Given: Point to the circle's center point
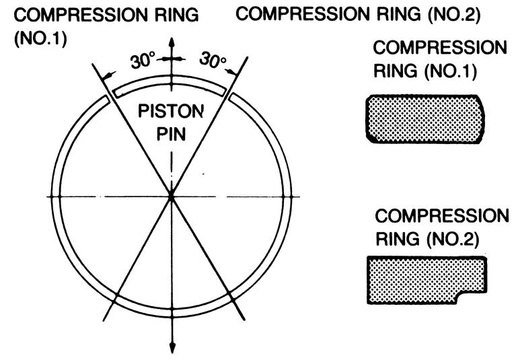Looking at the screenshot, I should point(172,196).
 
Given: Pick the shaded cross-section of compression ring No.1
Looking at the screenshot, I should point(424,119).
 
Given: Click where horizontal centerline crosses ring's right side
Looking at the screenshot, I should point(285,196).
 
